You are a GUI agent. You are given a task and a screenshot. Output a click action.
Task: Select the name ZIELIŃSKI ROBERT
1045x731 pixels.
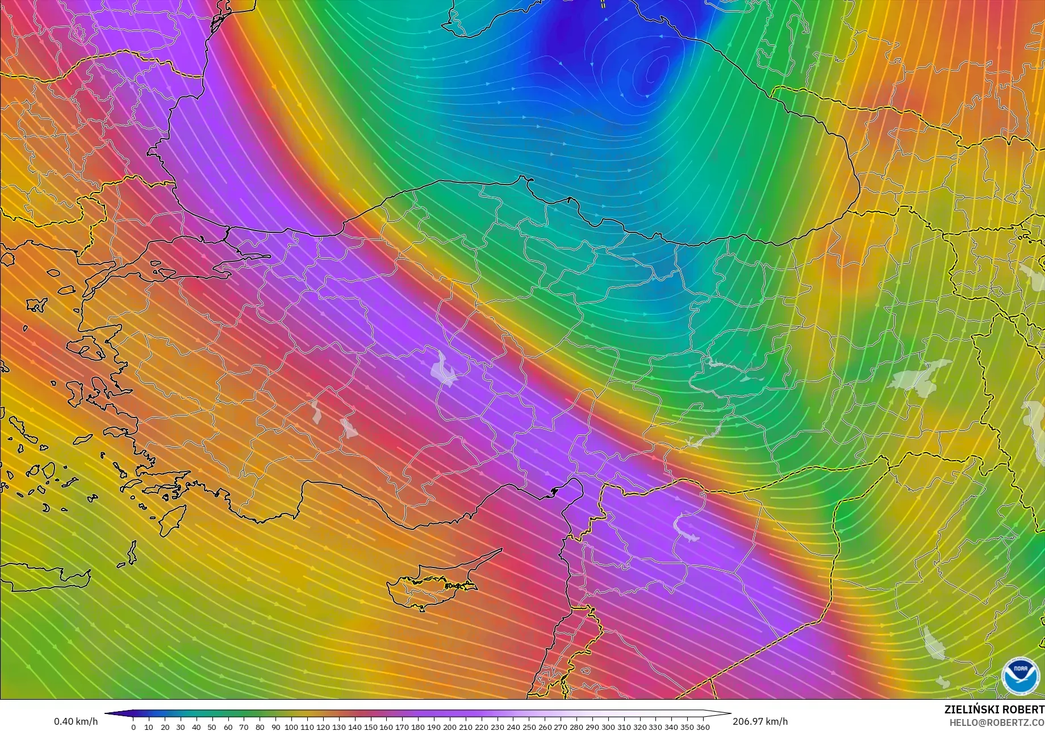point(994,710)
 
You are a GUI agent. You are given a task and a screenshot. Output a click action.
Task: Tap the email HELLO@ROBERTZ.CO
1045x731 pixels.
point(997,722)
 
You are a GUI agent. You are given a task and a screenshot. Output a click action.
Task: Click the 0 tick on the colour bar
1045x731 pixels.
point(133,727)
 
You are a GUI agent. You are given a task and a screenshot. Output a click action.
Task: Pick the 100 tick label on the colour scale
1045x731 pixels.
point(291,727)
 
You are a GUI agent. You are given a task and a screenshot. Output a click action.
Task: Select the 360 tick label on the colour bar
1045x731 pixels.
point(703,727)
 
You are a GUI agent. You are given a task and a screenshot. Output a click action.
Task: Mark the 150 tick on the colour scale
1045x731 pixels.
point(370,727)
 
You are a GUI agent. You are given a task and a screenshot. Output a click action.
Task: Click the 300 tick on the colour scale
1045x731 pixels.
point(608,727)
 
